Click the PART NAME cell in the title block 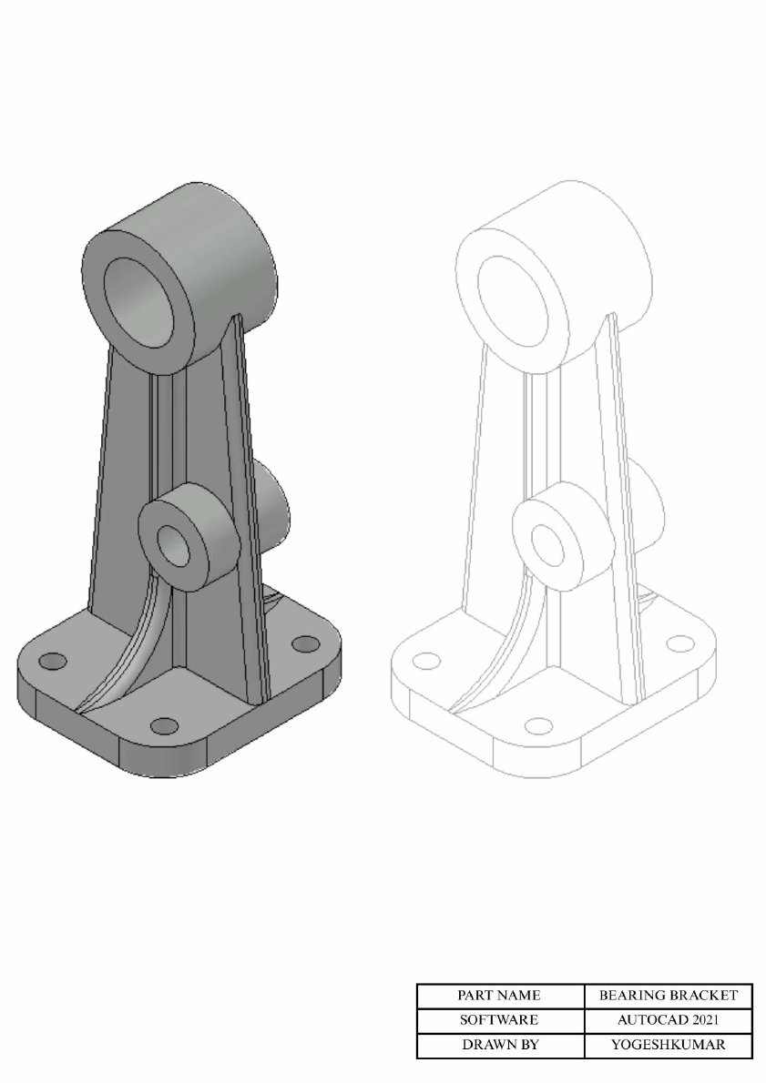point(499,996)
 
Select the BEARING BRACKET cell point(669,996)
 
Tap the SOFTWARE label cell point(499,1020)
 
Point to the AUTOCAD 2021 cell point(669,1020)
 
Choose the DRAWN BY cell point(499,1045)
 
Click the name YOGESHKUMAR point(669,1045)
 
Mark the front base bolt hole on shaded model point(164,725)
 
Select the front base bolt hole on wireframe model point(537,725)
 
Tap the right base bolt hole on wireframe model point(679,643)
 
